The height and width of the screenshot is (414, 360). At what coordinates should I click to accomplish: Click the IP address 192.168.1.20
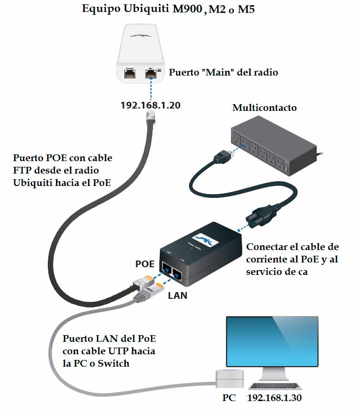(x=151, y=105)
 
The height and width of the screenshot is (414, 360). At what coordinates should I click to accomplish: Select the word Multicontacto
(x=264, y=108)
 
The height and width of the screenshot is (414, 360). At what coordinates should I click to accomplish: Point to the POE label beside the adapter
(x=145, y=264)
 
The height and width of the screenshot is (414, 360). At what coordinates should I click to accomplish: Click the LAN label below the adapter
(x=177, y=295)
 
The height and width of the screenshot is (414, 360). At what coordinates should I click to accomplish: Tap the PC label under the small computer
(x=229, y=398)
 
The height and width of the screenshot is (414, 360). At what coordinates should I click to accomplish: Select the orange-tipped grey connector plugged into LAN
(x=147, y=292)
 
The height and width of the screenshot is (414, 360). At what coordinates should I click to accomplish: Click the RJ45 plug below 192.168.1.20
(x=151, y=117)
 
